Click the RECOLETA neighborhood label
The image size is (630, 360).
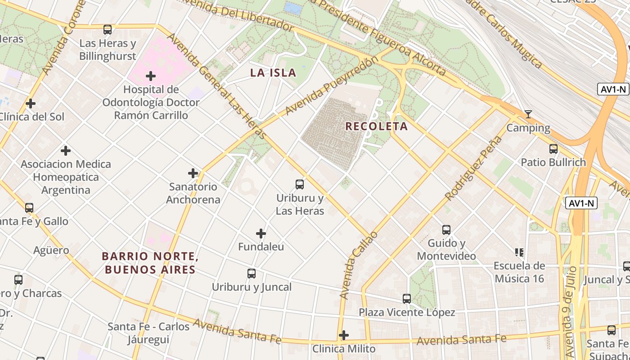(x=376, y=126)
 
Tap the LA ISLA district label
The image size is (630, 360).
(x=273, y=73)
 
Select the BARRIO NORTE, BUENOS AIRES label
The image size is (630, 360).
(x=150, y=263)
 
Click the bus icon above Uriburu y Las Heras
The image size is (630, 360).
(x=300, y=184)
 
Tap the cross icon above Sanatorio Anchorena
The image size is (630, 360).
(x=193, y=173)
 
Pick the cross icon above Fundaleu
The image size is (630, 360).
(x=261, y=234)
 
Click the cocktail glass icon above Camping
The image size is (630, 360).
(x=528, y=114)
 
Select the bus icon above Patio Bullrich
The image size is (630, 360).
(x=553, y=148)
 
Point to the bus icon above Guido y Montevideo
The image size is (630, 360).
(x=446, y=230)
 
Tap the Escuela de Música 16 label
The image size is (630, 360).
(x=519, y=272)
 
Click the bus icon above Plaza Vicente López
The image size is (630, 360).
(x=407, y=298)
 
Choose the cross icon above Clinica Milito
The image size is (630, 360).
(x=344, y=335)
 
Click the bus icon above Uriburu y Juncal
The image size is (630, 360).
(x=252, y=273)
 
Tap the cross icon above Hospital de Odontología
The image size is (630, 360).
(x=151, y=76)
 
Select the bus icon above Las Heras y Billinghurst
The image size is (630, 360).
(x=108, y=30)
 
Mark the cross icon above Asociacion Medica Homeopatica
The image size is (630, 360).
(x=66, y=150)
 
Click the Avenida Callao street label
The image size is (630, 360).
(x=359, y=265)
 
